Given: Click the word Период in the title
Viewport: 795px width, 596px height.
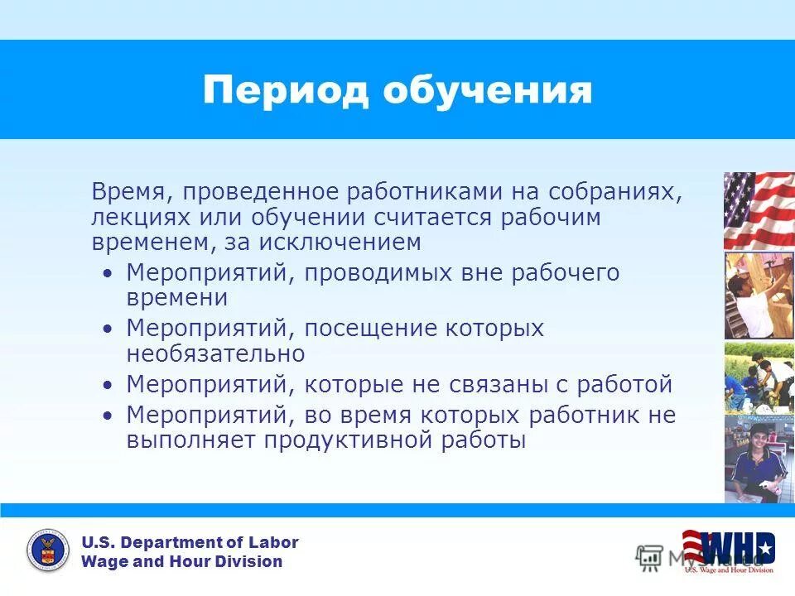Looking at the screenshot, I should coord(286,90).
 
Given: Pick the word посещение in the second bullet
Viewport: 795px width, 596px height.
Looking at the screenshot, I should coord(368,328).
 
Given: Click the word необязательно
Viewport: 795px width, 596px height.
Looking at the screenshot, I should coord(215,353).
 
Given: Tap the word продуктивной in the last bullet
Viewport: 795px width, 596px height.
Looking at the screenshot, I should coord(349,440).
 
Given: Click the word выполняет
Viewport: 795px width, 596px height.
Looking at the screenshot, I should coord(191,440).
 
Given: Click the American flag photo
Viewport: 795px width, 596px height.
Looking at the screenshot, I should coord(759,210).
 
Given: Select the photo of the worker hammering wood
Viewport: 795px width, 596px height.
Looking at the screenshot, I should coord(759,296).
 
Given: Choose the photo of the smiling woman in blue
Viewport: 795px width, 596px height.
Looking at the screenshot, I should coord(759,459).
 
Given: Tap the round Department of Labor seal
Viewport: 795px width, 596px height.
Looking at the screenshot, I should coord(48,551).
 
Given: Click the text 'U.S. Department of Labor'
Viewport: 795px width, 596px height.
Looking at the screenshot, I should coord(190,543).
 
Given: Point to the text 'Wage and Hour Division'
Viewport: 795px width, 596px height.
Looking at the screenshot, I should coord(181,562).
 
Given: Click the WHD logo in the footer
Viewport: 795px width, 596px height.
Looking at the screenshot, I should coord(728,549).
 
